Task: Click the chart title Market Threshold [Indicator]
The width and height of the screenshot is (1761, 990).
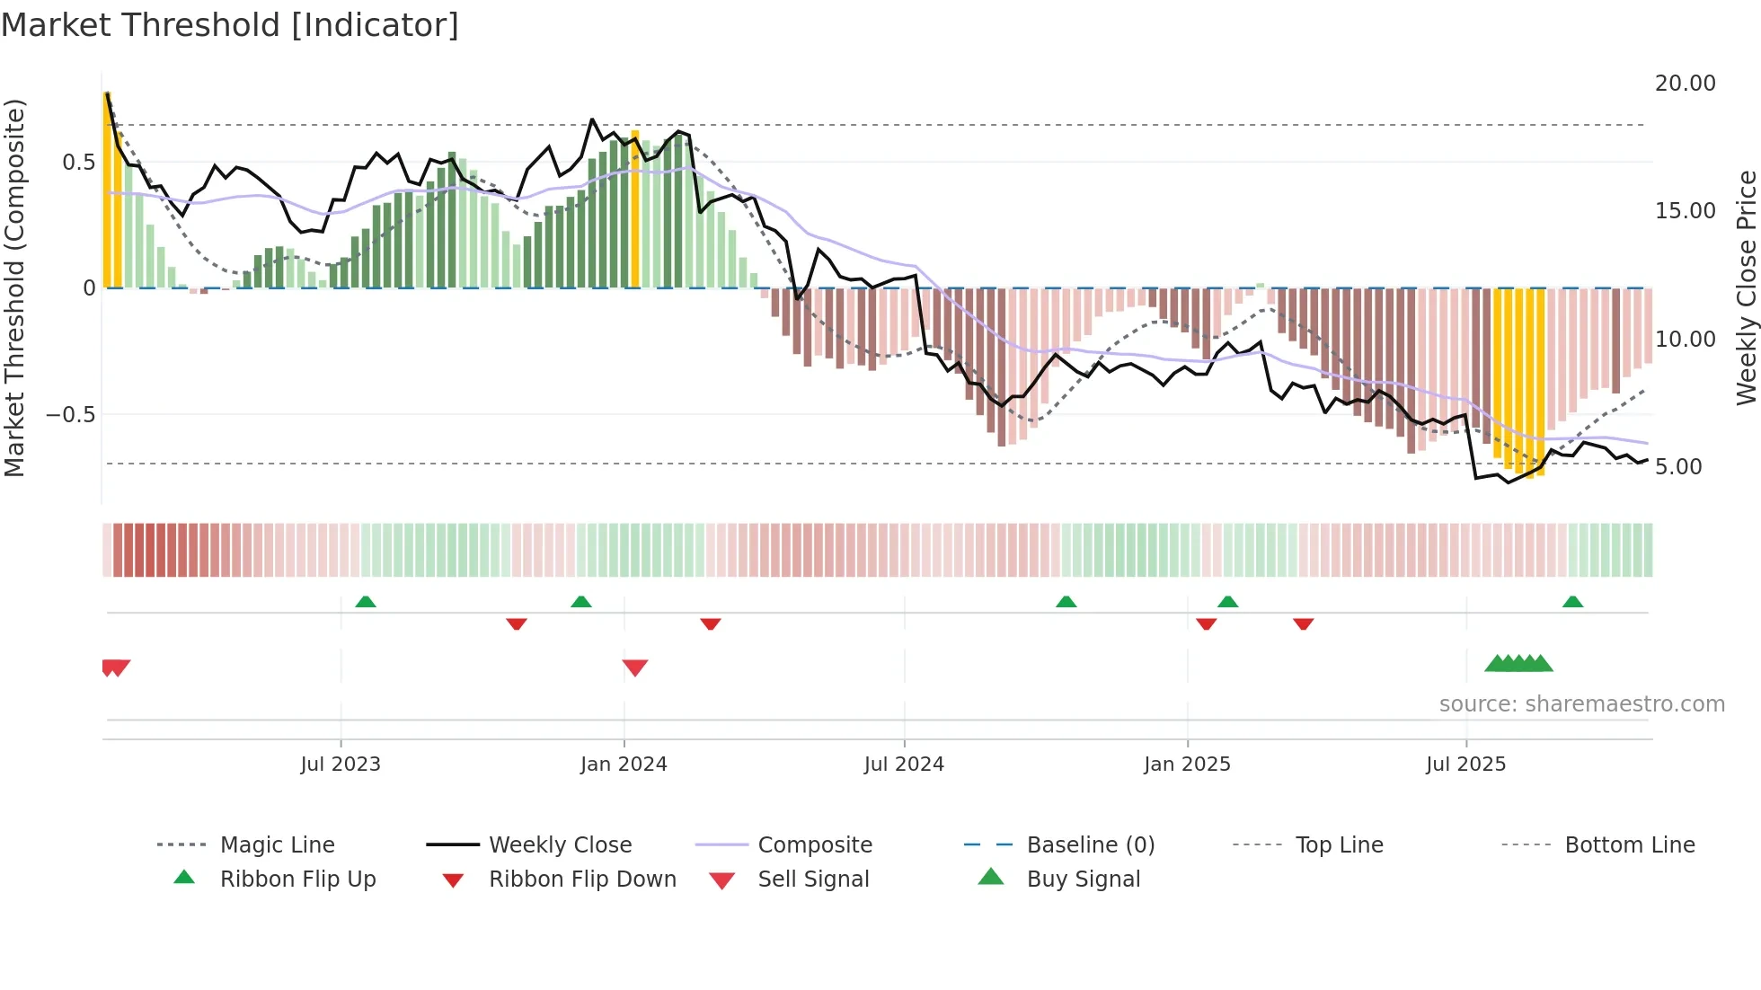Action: (x=230, y=25)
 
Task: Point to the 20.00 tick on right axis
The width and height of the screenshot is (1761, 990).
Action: (x=1685, y=84)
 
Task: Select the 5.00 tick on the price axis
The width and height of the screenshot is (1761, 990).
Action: (x=1677, y=467)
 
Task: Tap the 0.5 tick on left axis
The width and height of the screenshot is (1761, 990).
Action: (x=78, y=163)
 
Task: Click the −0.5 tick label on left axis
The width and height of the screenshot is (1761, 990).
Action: (x=70, y=415)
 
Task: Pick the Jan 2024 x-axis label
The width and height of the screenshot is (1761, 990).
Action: (x=624, y=765)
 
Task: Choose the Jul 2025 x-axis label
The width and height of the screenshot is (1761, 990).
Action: (x=1465, y=765)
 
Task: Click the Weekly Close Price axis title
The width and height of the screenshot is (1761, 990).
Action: (x=1746, y=287)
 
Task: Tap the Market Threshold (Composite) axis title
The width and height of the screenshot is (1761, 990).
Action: (x=14, y=287)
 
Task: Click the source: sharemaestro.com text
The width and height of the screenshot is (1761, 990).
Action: (x=1581, y=704)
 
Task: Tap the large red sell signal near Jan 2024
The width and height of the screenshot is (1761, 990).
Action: (x=635, y=667)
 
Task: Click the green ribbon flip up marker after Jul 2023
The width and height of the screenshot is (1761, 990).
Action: (x=366, y=602)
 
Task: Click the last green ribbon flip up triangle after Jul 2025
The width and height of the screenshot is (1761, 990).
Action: (x=1572, y=602)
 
